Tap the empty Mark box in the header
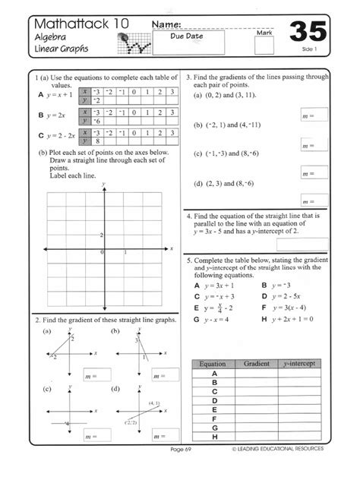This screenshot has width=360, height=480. point(264,46)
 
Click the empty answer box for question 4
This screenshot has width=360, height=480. point(302,244)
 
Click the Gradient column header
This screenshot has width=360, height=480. point(257,365)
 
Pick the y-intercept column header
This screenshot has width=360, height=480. point(300,365)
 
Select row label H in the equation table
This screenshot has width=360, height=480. point(215,437)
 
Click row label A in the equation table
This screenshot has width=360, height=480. point(215,374)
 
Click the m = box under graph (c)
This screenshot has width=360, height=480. point(95,437)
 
